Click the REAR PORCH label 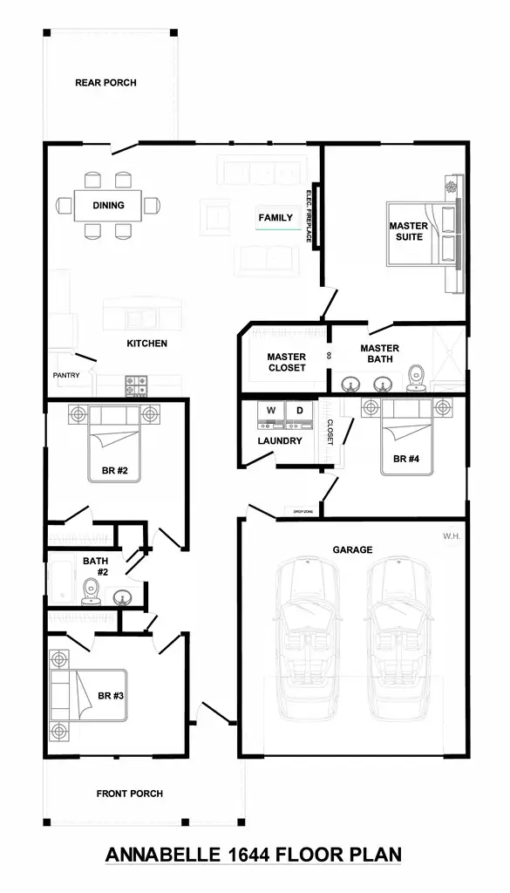pos(105,83)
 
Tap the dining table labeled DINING pos(109,206)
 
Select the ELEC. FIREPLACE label pos(309,215)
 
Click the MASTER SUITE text pos(408,231)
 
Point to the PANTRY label pos(66,376)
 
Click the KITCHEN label pos(146,344)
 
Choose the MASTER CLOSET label pos(286,362)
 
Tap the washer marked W pos(270,411)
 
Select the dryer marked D pos(298,411)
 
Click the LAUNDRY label pos(279,441)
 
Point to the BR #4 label pos(407,459)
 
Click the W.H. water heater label pos(451,536)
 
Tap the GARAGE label pos(352,550)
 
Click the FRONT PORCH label pos(130,794)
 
